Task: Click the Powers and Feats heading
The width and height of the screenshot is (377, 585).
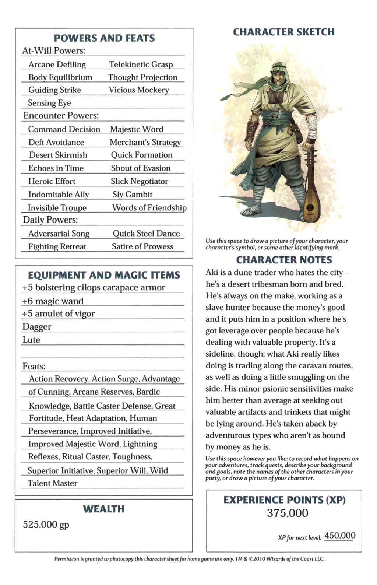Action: pyautogui.click(x=104, y=38)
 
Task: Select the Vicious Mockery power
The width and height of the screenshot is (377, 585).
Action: pyautogui.click(x=138, y=90)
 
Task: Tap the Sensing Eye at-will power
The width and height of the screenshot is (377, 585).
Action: pyautogui.click(x=49, y=103)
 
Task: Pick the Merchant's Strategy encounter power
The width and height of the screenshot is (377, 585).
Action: pyautogui.click(x=145, y=143)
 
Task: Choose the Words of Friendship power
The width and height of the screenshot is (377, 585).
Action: pyautogui.click(x=149, y=208)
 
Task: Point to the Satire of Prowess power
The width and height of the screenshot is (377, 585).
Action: pyautogui.click(x=142, y=246)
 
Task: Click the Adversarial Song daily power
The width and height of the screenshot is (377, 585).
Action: pyautogui.click(x=59, y=234)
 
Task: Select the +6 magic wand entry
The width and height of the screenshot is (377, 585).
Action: pyautogui.click(x=53, y=301)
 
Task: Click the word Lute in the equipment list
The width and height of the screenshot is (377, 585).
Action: pyautogui.click(x=31, y=340)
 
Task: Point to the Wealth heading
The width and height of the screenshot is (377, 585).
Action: pyautogui.click(x=103, y=509)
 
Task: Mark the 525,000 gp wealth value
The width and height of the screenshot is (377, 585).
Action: pyautogui.click(x=46, y=525)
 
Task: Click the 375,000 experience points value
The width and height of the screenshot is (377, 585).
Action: pyautogui.click(x=288, y=513)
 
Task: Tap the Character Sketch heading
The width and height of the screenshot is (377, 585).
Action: pyautogui.click(x=284, y=32)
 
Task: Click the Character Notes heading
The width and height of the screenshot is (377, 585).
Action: pyautogui.click(x=284, y=260)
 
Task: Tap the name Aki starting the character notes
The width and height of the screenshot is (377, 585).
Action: pyautogui.click(x=212, y=273)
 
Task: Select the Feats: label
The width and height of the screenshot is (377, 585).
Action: pyautogui.click(x=34, y=367)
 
